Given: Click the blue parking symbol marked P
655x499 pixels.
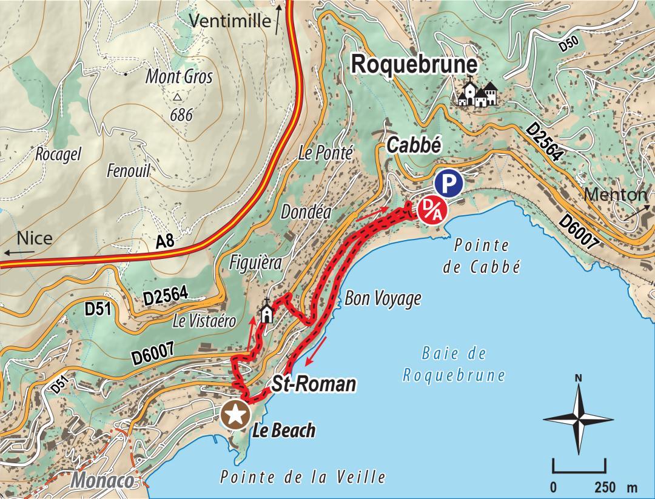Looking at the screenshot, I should [x=448, y=183].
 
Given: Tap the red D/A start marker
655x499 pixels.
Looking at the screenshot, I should [x=432, y=210].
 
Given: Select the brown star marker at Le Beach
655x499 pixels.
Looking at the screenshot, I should [x=235, y=415].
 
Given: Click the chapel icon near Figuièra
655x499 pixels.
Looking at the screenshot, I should [x=266, y=312].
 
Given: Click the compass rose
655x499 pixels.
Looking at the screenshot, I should [x=579, y=418].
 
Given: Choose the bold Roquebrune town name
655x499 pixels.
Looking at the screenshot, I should [x=415, y=65].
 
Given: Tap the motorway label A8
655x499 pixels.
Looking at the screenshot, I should [x=165, y=242].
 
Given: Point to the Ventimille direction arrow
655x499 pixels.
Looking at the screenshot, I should [x=278, y=19].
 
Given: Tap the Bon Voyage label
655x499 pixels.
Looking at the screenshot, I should [x=383, y=298].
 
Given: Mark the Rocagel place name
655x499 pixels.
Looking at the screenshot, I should [x=58, y=154].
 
